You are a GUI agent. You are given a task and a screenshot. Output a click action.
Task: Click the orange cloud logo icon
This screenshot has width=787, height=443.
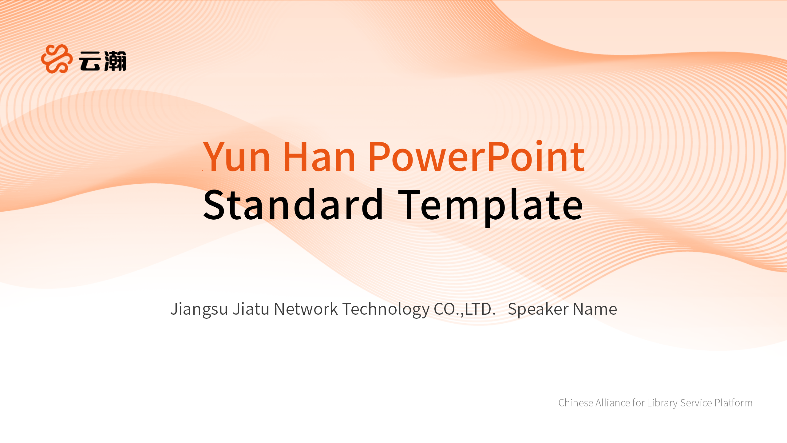point(57,59)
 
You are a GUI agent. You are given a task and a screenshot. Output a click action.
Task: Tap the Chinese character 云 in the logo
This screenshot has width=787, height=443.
point(90,61)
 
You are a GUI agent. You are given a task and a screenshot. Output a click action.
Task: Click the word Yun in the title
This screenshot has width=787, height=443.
point(236,156)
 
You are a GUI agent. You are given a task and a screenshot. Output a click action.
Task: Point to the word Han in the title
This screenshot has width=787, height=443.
point(319,156)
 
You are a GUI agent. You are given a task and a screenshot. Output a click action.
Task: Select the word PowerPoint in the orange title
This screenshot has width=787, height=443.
point(476,156)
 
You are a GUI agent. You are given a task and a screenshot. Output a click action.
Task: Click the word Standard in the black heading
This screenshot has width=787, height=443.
point(293,205)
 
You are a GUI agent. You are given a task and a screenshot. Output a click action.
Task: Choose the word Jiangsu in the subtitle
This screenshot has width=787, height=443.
point(199,309)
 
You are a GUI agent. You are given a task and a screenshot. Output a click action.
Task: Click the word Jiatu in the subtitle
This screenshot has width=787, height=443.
point(251,309)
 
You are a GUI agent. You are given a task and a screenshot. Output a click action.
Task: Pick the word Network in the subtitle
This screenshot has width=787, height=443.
point(306,309)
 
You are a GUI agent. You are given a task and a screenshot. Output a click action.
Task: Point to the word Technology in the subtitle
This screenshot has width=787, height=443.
point(386,309)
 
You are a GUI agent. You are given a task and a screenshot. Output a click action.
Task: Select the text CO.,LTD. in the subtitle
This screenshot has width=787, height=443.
point(465,309)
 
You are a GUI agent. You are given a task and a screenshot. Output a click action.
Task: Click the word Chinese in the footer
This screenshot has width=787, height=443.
point(576,403)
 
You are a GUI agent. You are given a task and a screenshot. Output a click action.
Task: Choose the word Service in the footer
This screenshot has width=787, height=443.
point(696,403)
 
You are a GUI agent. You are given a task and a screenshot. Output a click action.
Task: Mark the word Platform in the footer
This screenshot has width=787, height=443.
point(734,403)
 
